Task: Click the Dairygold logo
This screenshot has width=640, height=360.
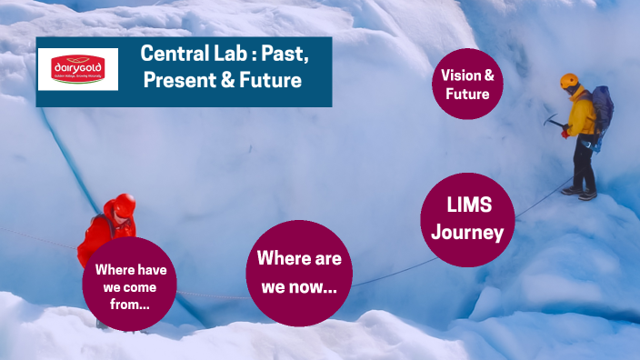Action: (78, 69)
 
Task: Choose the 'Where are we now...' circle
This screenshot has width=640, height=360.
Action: (299, 272)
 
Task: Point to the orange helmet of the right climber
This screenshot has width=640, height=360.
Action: (570, 81)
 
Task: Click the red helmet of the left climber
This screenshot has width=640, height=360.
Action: (125, 205)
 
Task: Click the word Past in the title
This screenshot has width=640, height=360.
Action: (287, 54)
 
